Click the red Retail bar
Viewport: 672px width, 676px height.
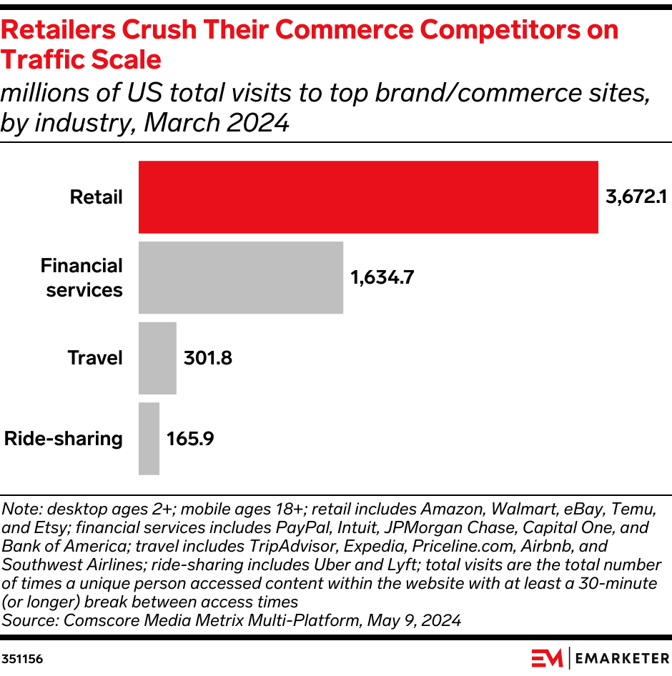click(x=368, y=197)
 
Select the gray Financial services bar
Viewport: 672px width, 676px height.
click(x=241, y=277)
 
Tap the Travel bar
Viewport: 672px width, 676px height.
click(x=157, y=358)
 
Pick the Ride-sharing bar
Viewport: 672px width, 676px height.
click(x=149, y=439)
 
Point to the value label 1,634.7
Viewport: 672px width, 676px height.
click(x=382, y=278)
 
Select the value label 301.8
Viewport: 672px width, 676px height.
click(x=208, y=358)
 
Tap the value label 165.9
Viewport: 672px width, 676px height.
click(x=190, y=439)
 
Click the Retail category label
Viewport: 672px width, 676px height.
click(x=97, y=197)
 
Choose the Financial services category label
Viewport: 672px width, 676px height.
click(x=82, y=278)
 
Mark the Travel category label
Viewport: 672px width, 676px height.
click(x=95, y=358)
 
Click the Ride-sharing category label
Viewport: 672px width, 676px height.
click(x=64, y=439)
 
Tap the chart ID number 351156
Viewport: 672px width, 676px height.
click(x=22, y=659)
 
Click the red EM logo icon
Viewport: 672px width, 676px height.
click(x=547, y=658)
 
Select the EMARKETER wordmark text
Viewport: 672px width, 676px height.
click(x=622, y=658)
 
